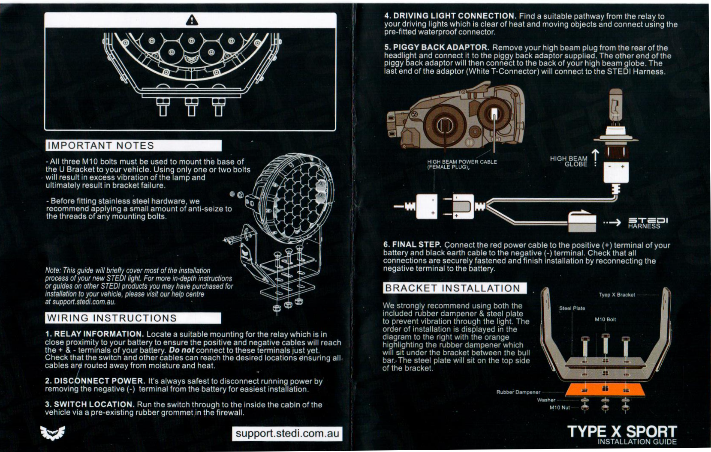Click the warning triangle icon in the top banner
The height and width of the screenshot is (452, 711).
click(192, 21)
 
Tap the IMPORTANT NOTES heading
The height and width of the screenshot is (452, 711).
click(134, 146)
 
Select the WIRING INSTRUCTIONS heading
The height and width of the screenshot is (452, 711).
click(133, 318)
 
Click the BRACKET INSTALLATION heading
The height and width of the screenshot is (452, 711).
click(455, 288)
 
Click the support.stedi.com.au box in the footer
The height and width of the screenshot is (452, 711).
click(287, 434)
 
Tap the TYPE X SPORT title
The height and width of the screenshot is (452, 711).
click(622, 432)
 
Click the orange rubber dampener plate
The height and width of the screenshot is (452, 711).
click(606, 389)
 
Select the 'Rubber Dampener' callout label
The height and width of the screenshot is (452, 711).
click(518, 392)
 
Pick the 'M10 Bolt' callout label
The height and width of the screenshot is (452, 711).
click(606, 320)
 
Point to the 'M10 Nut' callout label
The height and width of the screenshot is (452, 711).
click(560, 407)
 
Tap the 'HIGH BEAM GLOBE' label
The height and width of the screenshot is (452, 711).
click(569, 161)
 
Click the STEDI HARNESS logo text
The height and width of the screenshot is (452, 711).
click(648, 223)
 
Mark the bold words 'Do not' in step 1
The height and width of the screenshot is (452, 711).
click(181, 350)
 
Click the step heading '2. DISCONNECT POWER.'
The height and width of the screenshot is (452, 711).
click(95, 380)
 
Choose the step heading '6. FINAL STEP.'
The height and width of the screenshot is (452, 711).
click(412, 245)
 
